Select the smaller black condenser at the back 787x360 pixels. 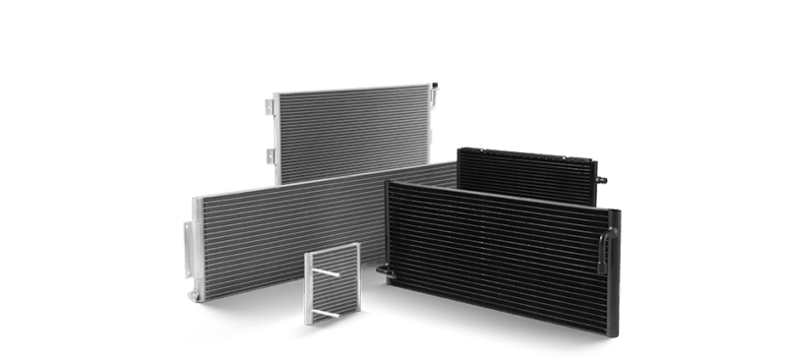pyautogui.click(x=526, y=174)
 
